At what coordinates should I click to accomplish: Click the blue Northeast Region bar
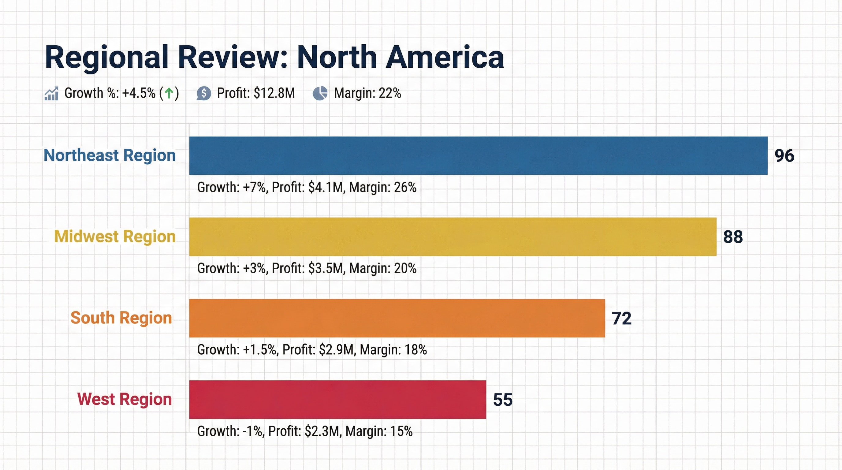pos(478,155)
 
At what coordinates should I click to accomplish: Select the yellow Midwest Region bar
pos(453,237)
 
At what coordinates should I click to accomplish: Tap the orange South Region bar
pos(397,318)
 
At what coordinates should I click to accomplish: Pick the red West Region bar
pos(337,399)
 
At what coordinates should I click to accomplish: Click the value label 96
pos(784,155)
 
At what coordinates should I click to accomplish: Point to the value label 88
pos(733,237)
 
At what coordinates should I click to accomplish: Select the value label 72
pos(621,318)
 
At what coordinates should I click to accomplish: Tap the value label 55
pos(502,399)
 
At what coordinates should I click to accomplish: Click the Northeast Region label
pos(110,155)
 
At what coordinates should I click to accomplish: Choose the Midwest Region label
pos(115,236)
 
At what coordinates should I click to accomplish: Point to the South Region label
pos(121,318)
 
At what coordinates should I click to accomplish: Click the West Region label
pos(124,399)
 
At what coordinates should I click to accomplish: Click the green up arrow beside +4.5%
pos(169,93)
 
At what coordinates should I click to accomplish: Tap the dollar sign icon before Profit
pos(204,93)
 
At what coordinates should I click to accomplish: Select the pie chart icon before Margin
pos(320,93)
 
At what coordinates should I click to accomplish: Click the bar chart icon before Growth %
pos(51,94)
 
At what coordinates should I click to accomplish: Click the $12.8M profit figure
pos(274,93)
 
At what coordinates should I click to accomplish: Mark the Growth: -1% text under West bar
pos(230,431)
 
